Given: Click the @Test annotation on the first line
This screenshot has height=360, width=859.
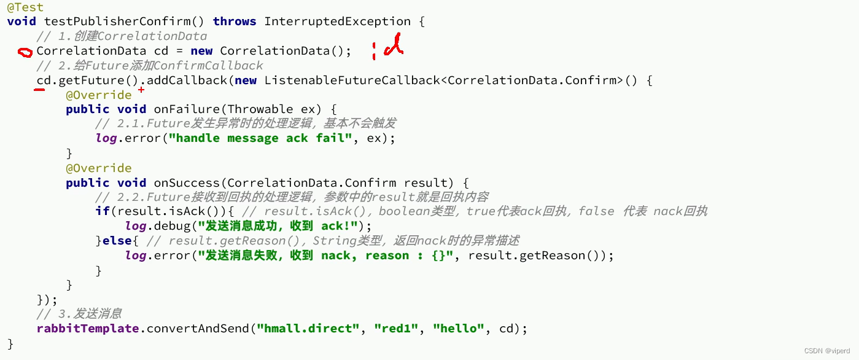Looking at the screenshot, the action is click(x=25, y=7).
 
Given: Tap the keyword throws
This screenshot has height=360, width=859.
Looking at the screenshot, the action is click(x=235, y=22).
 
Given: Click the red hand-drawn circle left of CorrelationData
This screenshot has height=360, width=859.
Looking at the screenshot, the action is click(x=25, y=53).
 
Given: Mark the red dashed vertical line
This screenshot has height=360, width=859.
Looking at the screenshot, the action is click(x=373, y=51).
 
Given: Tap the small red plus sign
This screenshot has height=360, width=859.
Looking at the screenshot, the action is click(x=141, y=90).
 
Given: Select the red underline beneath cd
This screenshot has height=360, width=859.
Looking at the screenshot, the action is click(x=39, y=90).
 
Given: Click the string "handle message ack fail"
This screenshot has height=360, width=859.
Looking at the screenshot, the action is click(x=264, y=138).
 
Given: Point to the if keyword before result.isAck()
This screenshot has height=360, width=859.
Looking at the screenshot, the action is click(x=102, y=211).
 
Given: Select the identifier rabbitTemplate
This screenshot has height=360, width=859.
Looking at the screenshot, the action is click(x=88, y=329).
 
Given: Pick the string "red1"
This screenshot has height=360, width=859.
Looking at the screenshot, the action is click(x=397, y=329).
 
